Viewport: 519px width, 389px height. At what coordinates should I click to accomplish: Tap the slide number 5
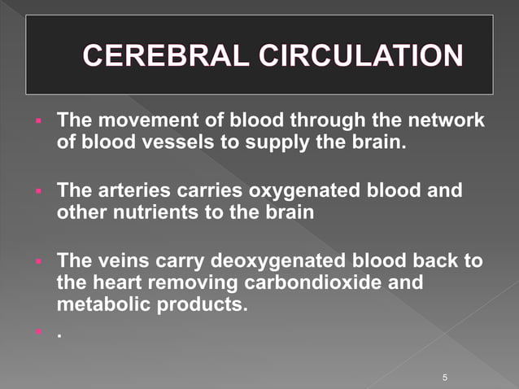coord(445,378)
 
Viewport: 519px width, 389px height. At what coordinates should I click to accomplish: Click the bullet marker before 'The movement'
coord(38,122)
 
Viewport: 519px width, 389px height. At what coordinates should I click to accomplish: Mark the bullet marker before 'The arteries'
coord(38,192)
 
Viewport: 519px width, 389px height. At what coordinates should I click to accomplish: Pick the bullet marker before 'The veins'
coord(38,262)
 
